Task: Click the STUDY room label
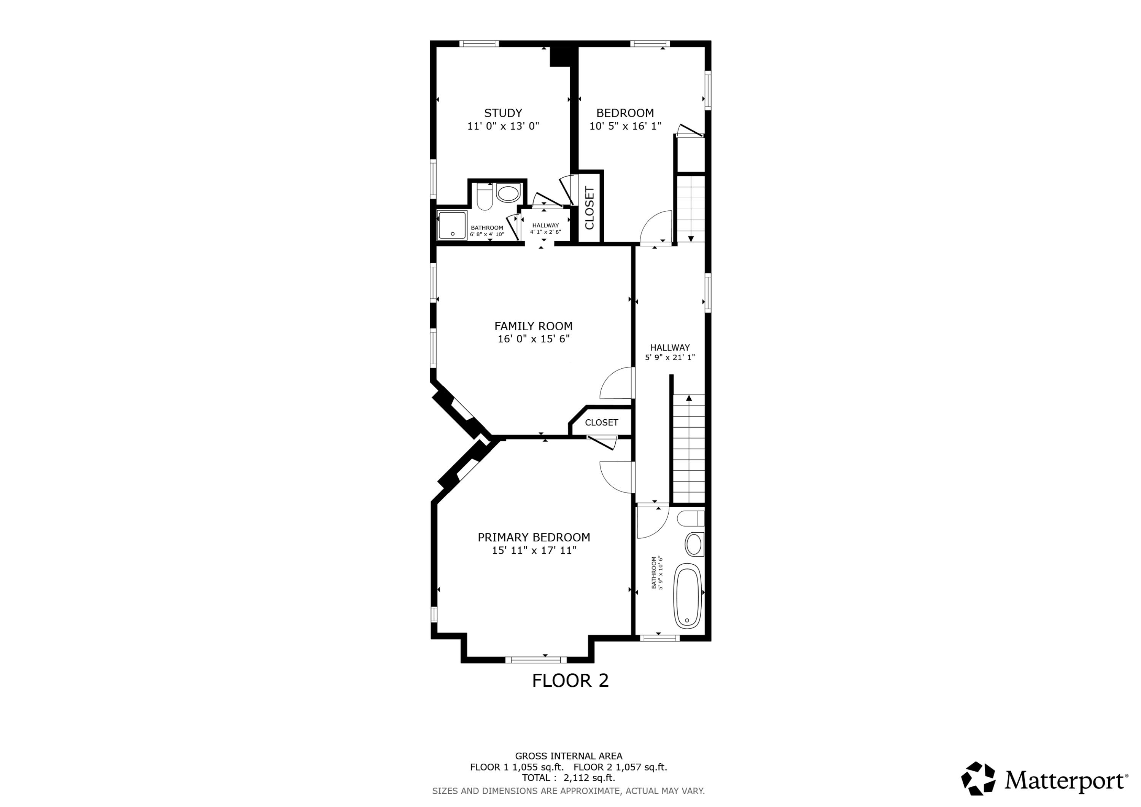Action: coord(503,113)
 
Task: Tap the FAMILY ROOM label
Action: coord(533,326)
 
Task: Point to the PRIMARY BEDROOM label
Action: coord(534,538)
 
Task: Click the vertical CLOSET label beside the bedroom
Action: coord(590,207)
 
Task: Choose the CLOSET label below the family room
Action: coord(601,423)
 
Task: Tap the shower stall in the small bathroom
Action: coord(452,225)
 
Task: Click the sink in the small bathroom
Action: coord(508,193)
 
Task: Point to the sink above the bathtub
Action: coord(694,544)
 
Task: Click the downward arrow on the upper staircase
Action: coord(691,238)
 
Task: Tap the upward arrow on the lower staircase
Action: coord(689,398)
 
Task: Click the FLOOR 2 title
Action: coord(570,681)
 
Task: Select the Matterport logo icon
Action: coord(978,778)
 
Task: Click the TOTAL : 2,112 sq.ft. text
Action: coord(569,778)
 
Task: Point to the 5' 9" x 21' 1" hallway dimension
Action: coord(669,358)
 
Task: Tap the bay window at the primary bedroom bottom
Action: coord(536,660)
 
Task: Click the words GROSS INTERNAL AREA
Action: coord(569,756)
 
